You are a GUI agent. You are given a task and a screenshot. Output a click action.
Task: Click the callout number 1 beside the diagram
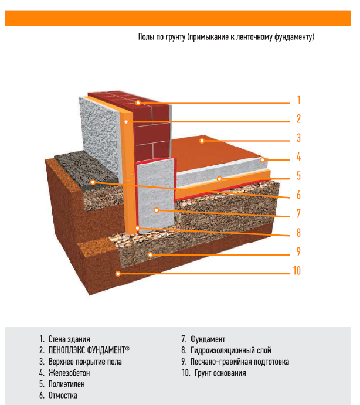point(298,99)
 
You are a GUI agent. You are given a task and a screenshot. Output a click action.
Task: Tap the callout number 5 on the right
point(298,175)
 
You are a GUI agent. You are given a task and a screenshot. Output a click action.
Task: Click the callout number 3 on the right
point(298,138)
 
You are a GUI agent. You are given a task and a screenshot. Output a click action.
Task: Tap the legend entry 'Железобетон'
point(73,373)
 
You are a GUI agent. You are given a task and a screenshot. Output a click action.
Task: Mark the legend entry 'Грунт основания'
point(221,373)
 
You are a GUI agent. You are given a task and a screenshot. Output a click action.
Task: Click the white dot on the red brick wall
point(138,103)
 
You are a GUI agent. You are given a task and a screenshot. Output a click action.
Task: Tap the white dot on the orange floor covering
point(201,141)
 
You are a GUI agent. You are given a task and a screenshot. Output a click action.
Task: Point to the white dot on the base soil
point(118,274)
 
